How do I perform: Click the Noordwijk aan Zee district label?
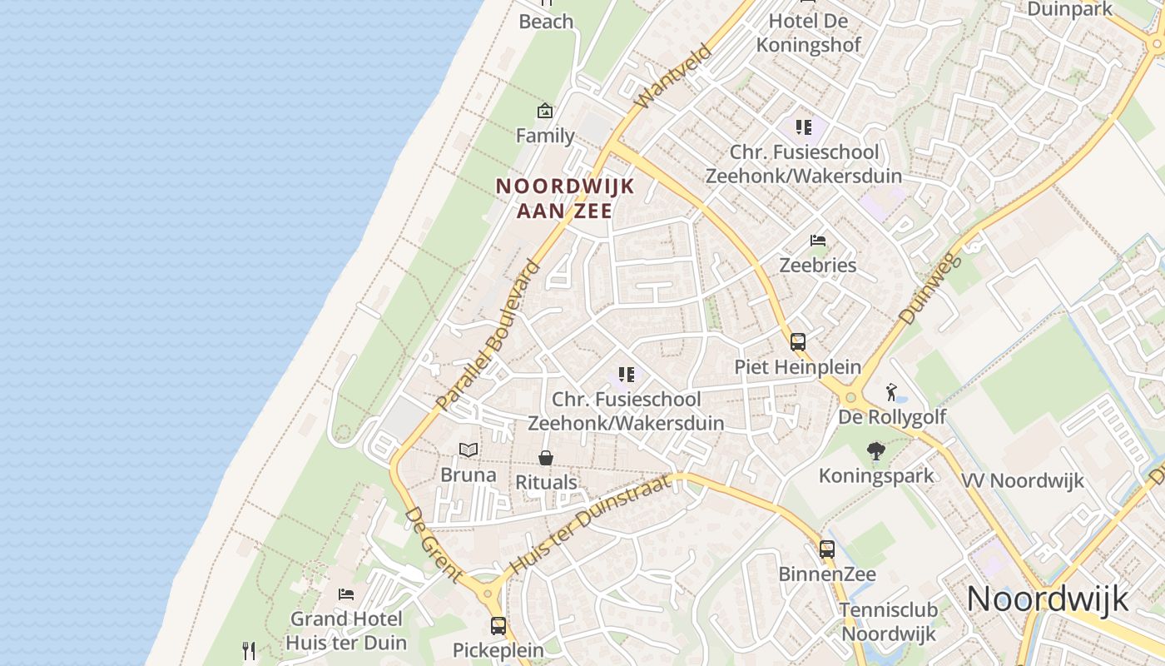click(x=565, y=198)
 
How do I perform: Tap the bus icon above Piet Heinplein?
click(x=797, y=341)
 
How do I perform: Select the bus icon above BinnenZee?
click(x=826, y=549)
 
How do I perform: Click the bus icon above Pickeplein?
click(x=498, y=625)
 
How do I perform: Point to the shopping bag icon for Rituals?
click(x=546, y=458)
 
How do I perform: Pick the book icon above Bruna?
click(x=468, y=450)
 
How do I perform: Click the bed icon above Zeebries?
click(x=818, y=241)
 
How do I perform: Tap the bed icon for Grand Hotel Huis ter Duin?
click(x=346, y=594)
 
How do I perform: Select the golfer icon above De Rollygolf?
click(x=892, y=391)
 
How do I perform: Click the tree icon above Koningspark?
click(x=875, y=451)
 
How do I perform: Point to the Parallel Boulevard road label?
click(x=488, y=335)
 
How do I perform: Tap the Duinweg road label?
click(x=930, y=288)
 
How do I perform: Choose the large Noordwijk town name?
click(x=1048, y=599)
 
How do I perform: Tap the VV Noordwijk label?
click(x=1023, y=480)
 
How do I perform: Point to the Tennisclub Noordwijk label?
click(x=888, y=621)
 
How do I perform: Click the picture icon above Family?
click(x=545, y=110)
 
